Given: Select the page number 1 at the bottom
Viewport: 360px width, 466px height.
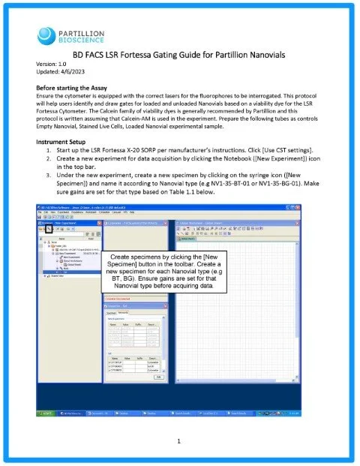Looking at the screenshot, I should tap(180, 440).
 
